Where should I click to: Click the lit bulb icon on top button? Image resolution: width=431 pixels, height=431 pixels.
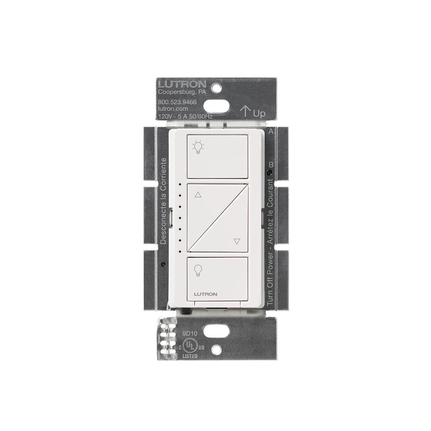198,147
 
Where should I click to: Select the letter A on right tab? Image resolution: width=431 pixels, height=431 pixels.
271,131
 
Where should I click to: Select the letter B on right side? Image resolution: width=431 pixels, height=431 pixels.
271,165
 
